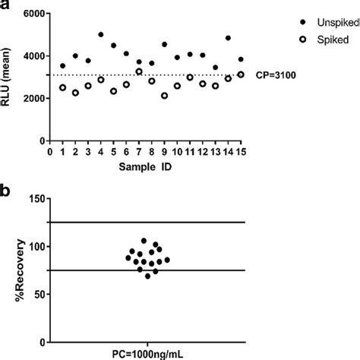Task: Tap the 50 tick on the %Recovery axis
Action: pos(36,294)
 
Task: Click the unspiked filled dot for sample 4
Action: pos(101,35)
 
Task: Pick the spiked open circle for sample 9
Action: pos(165,96)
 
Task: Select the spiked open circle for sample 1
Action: pos(63,88)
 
